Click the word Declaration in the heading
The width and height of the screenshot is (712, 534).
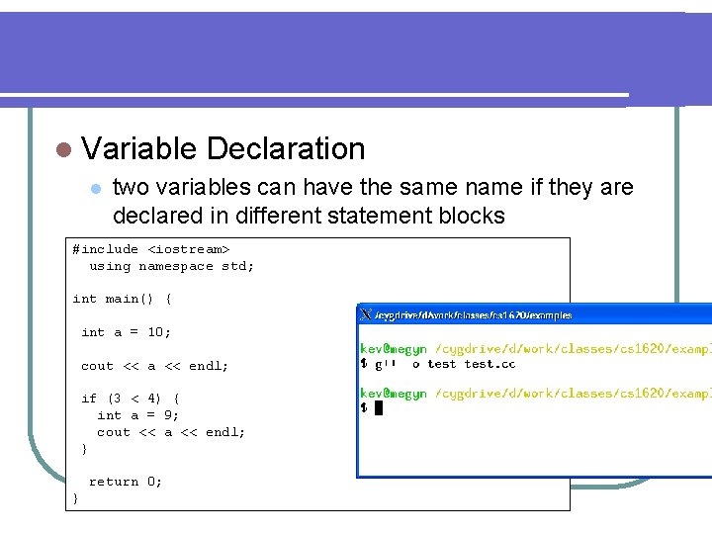pos(286,149)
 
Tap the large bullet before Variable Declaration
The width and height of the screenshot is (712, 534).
pos(64,150)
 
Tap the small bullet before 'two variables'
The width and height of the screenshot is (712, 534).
pos(95,188)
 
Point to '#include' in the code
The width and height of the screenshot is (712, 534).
pos(105,249)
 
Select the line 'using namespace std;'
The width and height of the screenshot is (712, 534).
pos(171,266)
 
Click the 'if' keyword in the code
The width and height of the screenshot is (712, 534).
pos(89,399)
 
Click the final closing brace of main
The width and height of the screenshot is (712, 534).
pos(76,498)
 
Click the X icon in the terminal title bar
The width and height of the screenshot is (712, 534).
pos(366,314)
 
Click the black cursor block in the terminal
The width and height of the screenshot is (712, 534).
pos(378,407)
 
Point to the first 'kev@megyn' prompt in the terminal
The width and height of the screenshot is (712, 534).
pos(393,347)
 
